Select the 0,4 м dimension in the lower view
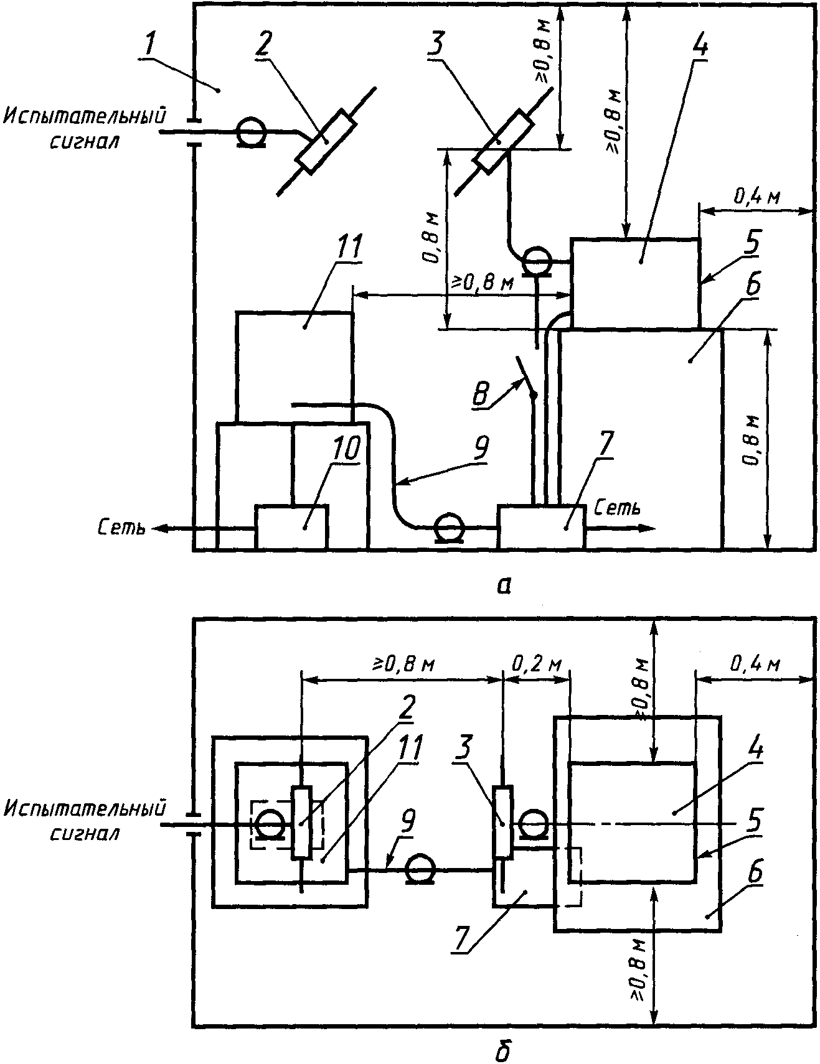tap(756, 665)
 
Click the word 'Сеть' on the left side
tap(121, 528)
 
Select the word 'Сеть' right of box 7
tap(617, 508)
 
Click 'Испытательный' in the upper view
tap(85, 116)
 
